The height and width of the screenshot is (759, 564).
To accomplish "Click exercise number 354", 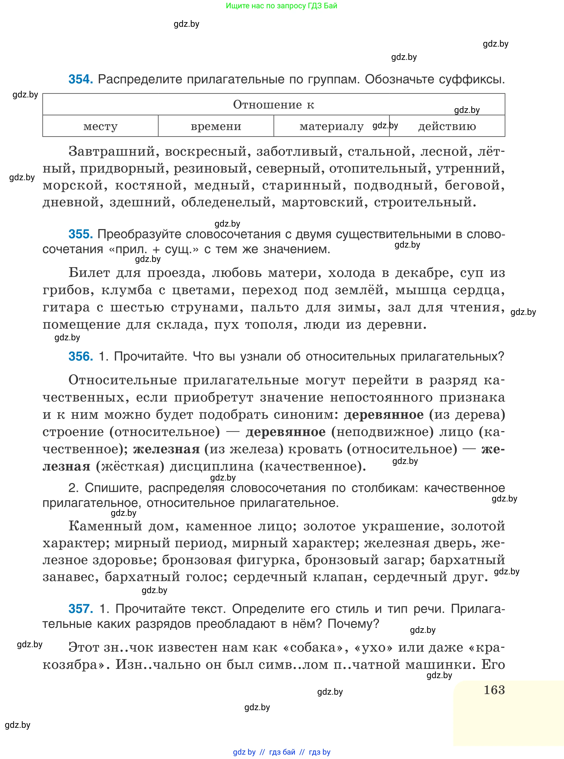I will tap(81, 79).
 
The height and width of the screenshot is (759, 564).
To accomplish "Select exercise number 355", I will tap(81, 234).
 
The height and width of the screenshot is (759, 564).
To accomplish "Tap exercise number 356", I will tap(81, 356).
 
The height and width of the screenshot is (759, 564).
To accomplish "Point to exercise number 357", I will tap(81, 609).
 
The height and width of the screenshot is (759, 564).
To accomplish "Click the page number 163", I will tap(494, 690).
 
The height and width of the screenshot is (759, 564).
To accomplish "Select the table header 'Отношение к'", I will tap(274, 104).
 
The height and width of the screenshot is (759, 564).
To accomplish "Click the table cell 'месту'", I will tap(100, 126).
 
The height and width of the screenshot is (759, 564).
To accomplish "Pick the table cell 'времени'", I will tap(216, 126).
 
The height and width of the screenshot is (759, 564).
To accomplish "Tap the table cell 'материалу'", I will tap(332, 126).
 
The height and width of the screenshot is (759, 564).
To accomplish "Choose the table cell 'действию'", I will tap(447, 126).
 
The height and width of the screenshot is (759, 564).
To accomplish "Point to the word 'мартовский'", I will tap(323, 202).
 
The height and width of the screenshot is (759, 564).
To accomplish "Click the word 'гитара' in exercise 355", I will tap(66, 307).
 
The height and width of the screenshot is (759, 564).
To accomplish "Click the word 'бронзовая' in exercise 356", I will tap(197, 560).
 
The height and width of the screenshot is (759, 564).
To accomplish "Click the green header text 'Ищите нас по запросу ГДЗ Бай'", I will tap(282, 6).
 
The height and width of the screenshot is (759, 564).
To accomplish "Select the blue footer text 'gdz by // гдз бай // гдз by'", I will tap(282, 752).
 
